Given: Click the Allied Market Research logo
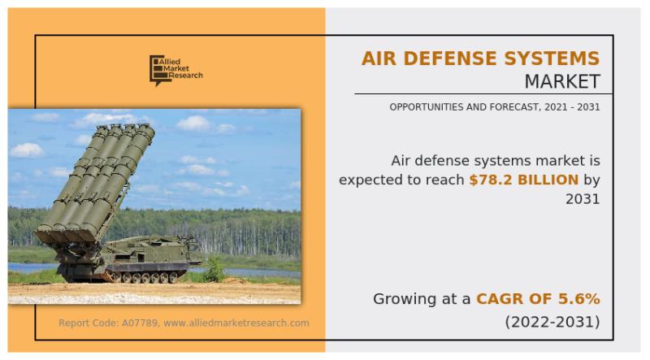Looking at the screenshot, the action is tap(176, 70).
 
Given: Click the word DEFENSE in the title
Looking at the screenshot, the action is tap(450, 58).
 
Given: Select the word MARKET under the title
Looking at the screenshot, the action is tap(562, 81).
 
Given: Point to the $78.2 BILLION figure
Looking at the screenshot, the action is tap(523, 180).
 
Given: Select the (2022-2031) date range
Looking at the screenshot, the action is tap(552, 322).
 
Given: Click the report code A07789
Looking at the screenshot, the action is tap(139, 323).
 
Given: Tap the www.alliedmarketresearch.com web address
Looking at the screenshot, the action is tap(236, 323).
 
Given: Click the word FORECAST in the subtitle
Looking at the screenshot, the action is tap(515, 107).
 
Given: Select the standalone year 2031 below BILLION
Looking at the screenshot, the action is tap(583, 199).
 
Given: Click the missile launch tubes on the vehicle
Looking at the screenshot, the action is tap(95, 183).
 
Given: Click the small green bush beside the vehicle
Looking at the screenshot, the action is tap(215, 269).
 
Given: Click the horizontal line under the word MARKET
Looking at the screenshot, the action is tap(483, 94).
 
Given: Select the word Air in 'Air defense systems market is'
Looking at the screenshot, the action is tap(401, 161).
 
